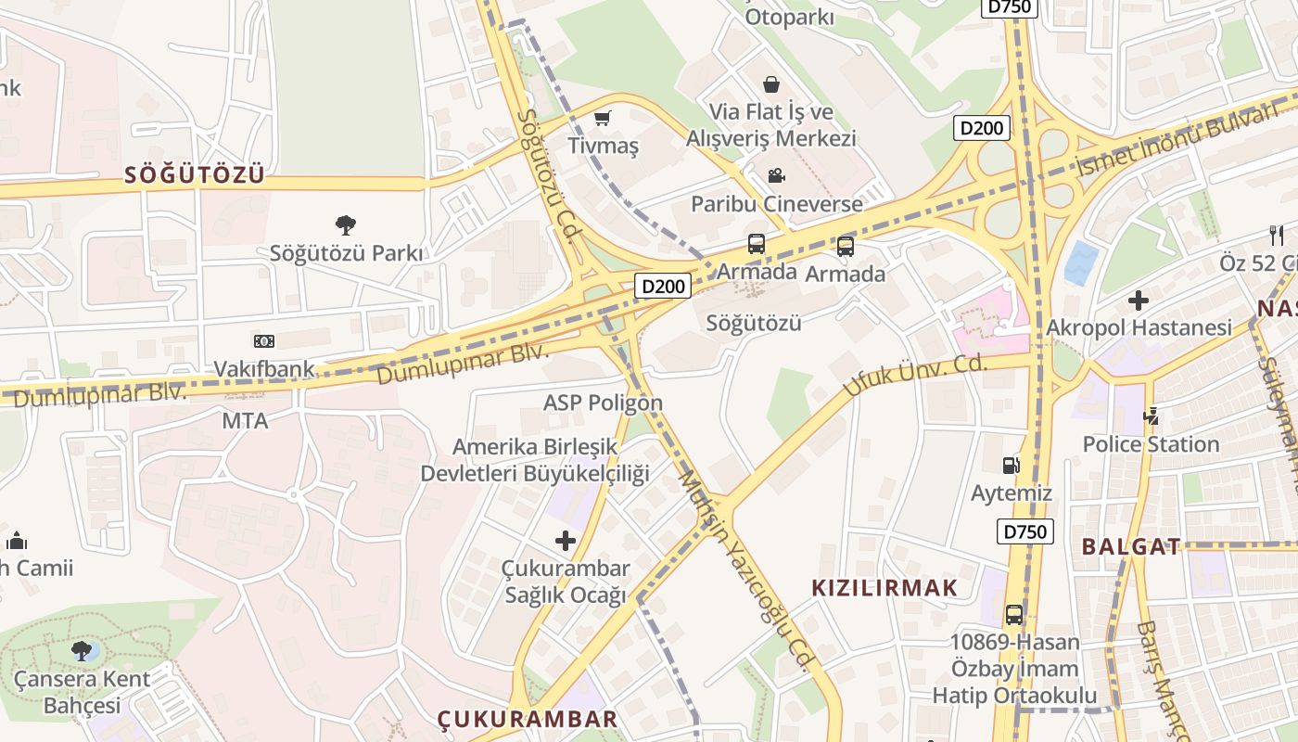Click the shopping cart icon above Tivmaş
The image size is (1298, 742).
pyautogui.click(x=603, y=118)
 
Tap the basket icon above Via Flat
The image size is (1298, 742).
pyautogui.click(x=770, y=84)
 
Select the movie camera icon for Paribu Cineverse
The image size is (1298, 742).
pyautogui.click(x=776, y=175)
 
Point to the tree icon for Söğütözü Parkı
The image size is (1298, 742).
pyautogui.click(x=346, y=224)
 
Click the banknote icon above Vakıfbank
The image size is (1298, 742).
pyautogui.click(x=264, y=341)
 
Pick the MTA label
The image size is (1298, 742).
pyautogui.click(x=245, y=421)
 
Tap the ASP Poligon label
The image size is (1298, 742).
pyautogui.click(x=603, y=403)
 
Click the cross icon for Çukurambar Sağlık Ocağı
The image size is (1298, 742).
pyautogui.click(x=565, y=541)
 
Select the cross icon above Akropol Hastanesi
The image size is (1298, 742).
pyautogui.click(x=1139, y=301)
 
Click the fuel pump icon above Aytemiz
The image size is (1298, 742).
pyautogui.click(x=1011, y=466)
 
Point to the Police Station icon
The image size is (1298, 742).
pyautogui.click(x=1151, y=416)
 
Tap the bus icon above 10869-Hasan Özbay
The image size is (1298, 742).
pyautogui.click(x=1014, y=614)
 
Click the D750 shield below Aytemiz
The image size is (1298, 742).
pyautogui.click(x=1025, y=531)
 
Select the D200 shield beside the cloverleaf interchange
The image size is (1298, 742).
pyautogui.click(x=982, y=128)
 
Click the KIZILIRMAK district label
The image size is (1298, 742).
pyautogui.click(x=884, y=587)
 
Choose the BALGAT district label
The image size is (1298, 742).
pyautogui.click(x=1131, y=546)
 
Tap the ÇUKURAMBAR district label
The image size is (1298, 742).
pyautogui.click(x=528, y=719)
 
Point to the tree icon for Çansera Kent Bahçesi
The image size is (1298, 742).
pyautogui.click(x=82, y=650)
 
